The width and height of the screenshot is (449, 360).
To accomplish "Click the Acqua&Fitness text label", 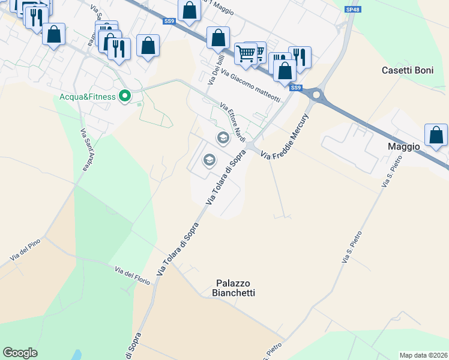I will pos(88,96).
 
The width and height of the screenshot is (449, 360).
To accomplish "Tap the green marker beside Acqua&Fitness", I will pos(125,96).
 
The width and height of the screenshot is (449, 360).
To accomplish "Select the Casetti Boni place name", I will pos(407,70).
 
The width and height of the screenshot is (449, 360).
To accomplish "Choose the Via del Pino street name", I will pos(25,251).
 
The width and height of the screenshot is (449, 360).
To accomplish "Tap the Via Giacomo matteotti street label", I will pos(250,85).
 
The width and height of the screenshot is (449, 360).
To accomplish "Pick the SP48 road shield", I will pos(352,10).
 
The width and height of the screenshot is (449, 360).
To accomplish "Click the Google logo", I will pos(20,353).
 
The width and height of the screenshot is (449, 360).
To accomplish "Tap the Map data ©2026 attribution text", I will pos(423,355).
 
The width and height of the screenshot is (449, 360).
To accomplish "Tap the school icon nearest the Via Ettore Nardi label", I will pos(223,139).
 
